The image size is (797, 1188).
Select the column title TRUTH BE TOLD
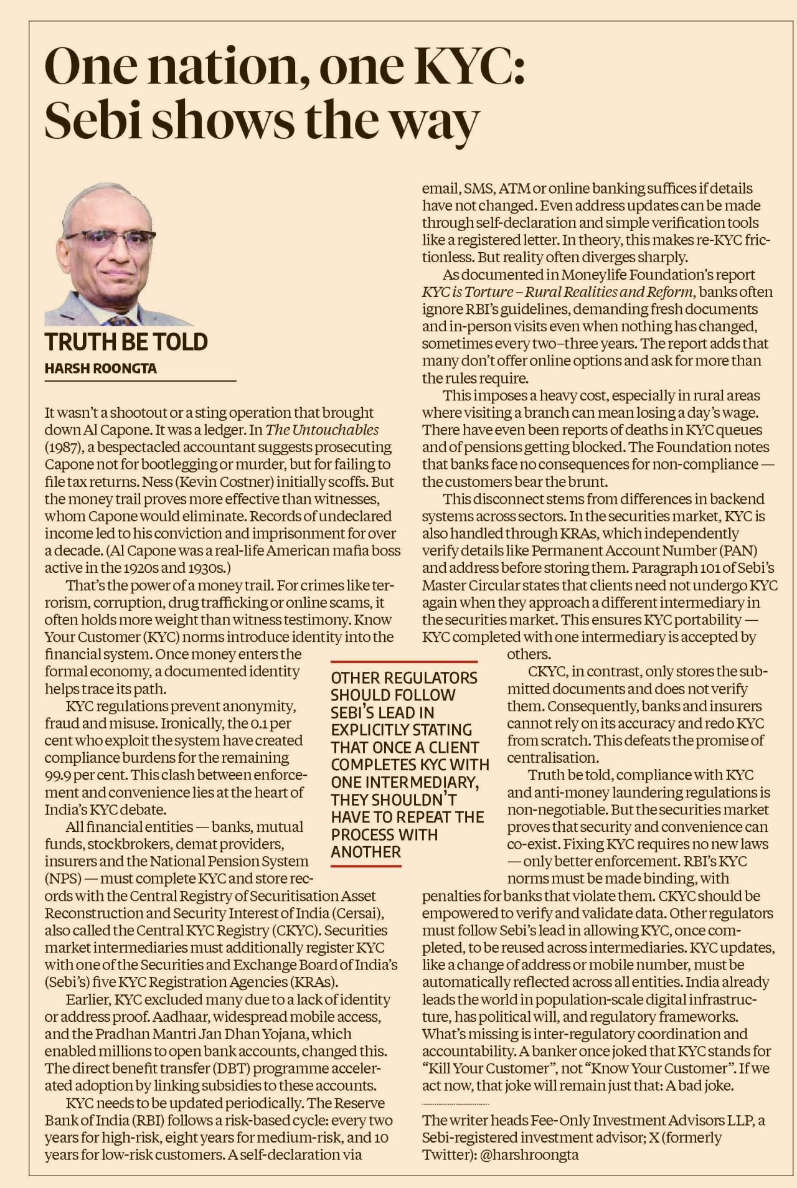[x=126, y=342]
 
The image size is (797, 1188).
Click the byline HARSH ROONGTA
[x=101, y=369]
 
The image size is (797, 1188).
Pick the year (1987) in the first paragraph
[x=61, y=447]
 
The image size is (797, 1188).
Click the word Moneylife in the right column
[x=596, y=275]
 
